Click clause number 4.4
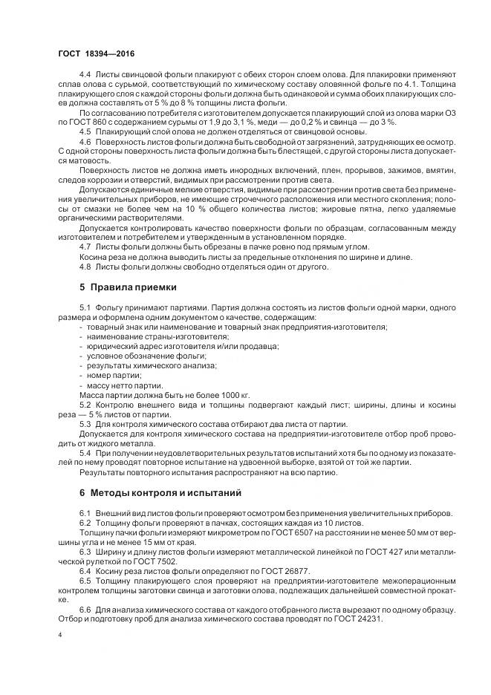[85, 76]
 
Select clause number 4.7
[85, 246]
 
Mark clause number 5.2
[85, 405]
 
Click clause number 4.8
[85, 267]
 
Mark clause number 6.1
[85, 514]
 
